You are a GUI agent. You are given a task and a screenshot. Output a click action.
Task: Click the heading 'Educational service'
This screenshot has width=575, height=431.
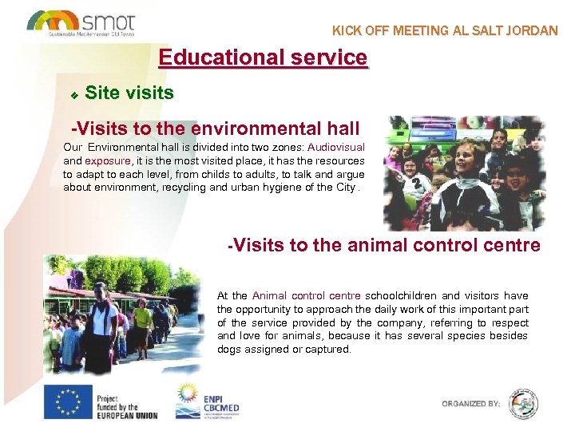(x=263, y=57)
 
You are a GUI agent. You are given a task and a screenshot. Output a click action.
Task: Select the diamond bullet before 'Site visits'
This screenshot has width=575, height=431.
(x=73, y=95)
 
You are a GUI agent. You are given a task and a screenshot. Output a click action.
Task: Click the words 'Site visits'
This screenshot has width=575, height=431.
(x=129, y=93)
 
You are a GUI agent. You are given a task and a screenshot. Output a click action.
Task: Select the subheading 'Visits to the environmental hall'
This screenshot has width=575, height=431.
(x=216, y=128)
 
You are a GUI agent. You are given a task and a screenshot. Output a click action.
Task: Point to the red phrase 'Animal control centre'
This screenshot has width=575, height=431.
(x=306, y=295)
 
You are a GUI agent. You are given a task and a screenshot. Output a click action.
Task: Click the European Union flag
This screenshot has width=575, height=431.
(x=67, y=402)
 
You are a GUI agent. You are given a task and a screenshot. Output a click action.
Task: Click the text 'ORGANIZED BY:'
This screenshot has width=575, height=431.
(x=471, y=404)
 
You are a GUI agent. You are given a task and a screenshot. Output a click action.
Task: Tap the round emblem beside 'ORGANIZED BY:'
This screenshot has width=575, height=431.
(x=523, y=403)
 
